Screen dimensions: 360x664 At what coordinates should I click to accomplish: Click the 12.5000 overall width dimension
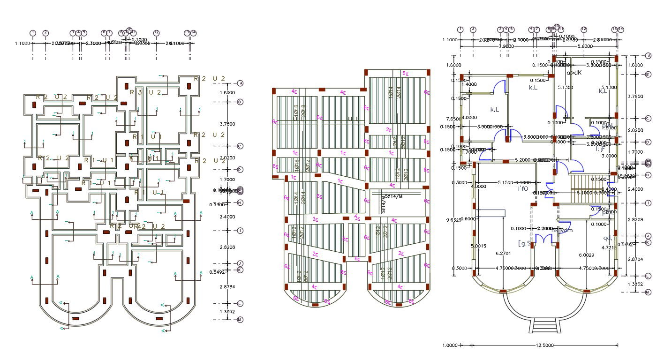(544, 345)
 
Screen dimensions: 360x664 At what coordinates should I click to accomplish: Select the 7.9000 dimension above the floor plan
(506, 47)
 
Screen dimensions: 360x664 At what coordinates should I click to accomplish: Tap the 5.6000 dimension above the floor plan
(584, 47)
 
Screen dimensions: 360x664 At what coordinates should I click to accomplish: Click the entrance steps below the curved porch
(544, 324)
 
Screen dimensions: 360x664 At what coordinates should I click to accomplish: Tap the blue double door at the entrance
(544, 238)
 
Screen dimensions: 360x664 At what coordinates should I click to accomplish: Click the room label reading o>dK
(574, 73)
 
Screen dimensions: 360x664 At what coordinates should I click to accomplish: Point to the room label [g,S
(524, 243)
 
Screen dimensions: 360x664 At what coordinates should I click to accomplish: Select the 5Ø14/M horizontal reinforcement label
(393, 196)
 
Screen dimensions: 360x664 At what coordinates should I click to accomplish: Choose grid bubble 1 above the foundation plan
(33, 33)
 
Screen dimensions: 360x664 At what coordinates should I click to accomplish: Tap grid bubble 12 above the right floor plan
(584, 29)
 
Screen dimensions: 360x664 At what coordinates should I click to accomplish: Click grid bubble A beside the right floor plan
(649, 55)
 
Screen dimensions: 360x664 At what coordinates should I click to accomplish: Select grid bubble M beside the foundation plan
(240, 320)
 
